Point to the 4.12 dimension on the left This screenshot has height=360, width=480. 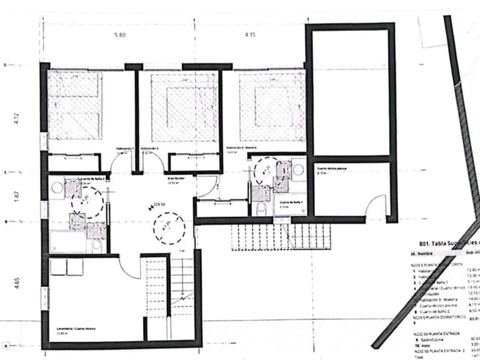click(x=17, y=118)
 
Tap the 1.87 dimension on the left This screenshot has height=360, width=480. click(x=17, y=197)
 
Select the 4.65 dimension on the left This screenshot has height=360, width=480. click(x=17, y=289)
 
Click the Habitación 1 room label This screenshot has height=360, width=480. click(x=125, y=149)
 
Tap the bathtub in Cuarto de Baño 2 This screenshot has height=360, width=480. click(x=68, y=241)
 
